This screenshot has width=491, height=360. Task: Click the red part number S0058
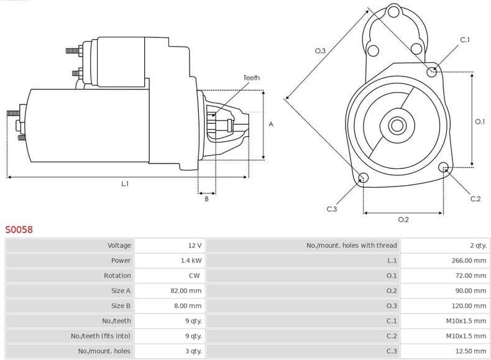point(19,229)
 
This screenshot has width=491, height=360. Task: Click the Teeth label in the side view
point(251,78)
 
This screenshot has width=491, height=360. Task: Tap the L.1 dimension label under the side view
point(125,184)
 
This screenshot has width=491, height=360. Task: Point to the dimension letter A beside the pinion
point(270,124)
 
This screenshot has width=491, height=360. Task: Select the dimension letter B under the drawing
point(206,198)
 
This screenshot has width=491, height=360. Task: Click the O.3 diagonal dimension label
point(321,51)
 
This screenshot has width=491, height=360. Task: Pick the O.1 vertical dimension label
point(479,122)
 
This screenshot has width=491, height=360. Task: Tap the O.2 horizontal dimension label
point(403,219)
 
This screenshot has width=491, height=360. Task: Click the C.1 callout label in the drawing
point(464,40)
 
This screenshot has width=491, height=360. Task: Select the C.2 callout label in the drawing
point(475,199)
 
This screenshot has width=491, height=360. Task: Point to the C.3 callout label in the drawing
point(331,209)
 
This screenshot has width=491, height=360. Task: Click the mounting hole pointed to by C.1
point(432,72)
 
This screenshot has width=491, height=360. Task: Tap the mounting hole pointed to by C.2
point(444,167)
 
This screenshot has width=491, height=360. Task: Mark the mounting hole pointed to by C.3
point(364,179)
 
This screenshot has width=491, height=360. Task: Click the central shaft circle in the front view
point(397,126)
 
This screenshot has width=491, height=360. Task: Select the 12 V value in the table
point(195,246)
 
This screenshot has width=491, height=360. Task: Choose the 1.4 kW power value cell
point(191,261)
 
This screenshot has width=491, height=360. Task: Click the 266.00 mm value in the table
point(469,261)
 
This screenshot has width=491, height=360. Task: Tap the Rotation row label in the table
point(117,275)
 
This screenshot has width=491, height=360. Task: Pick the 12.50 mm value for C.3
point(471,351)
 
